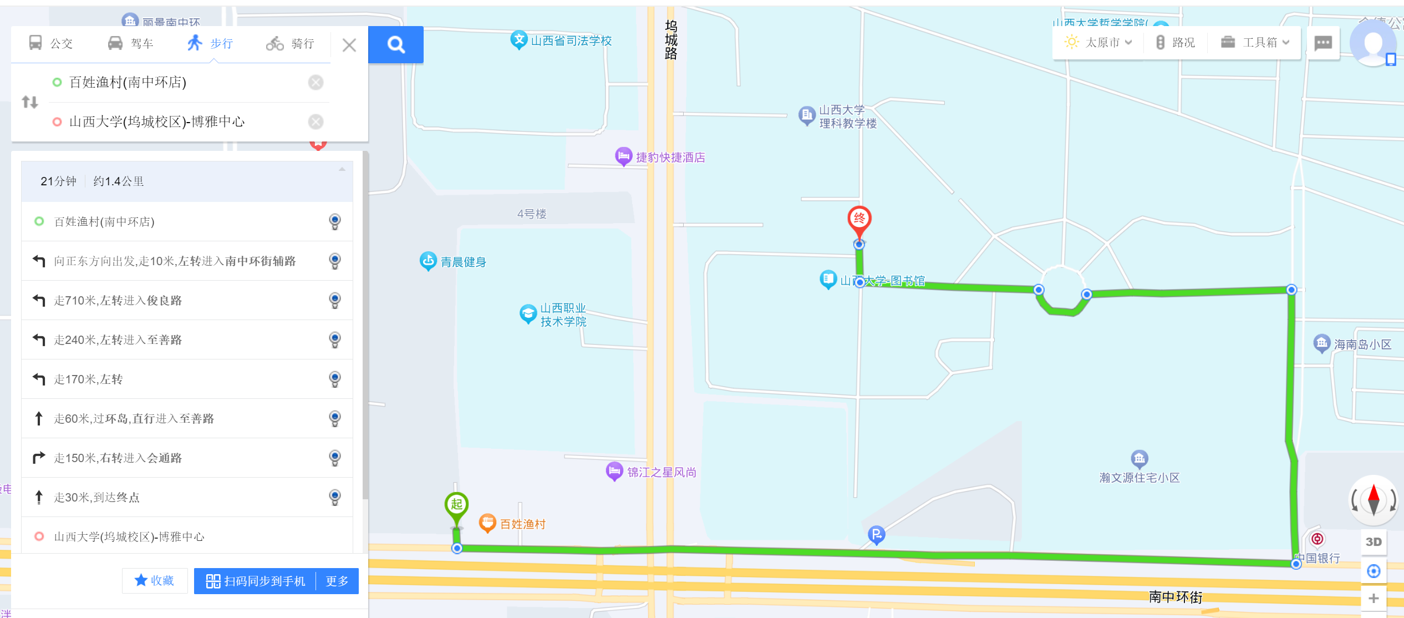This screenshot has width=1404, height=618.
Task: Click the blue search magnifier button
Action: pos(395,44)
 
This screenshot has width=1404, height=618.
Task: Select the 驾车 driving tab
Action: pos(131,43)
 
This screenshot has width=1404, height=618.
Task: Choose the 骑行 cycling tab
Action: pos(291,43)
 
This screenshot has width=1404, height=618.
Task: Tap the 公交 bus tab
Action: pos(51,43)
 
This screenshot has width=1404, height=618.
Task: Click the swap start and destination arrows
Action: pos(30,102)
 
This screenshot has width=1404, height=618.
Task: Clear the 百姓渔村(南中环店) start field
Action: pos(316,83)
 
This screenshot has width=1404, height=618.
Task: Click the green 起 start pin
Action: pos(456,505)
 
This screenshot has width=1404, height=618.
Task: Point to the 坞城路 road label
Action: pos(670,40)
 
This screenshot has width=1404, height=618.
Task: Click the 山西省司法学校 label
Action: pos(571,40)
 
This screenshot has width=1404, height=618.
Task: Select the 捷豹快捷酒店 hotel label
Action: pos(670,158)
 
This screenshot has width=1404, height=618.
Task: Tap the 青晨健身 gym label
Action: pos(463,262)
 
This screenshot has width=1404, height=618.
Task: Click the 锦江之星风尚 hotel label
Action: pos(661,472)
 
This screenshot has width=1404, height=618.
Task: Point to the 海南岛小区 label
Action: pos(1362,345)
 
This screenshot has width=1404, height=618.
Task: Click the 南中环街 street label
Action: pos(1175,597)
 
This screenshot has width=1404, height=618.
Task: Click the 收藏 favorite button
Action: pos(155,580)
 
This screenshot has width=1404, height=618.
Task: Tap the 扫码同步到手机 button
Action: pos(256,581)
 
